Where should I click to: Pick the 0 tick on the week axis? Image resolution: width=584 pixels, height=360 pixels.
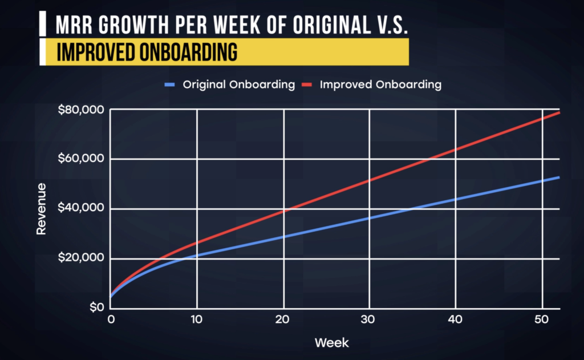click(x=111, y=318)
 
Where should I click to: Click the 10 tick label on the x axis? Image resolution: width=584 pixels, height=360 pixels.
click(x=197, y=318)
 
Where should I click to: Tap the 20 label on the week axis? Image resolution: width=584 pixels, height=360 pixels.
click(x=283, y=318)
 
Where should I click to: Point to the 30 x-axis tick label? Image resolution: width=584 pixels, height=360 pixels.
click(x=370, y=318)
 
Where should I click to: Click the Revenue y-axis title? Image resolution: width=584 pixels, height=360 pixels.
click(x=41, y=209)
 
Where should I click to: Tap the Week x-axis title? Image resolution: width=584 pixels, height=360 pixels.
click(x=331, y=343)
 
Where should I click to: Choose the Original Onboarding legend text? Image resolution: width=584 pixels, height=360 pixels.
click(x=238, y=84)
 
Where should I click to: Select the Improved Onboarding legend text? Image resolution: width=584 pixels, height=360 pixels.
click(x=380, y=84)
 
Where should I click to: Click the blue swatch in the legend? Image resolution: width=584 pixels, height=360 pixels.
click(x=169, y=84)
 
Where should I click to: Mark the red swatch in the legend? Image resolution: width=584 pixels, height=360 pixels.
click(x=306, y=84)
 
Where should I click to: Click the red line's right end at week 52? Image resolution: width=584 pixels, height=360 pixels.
click(x=559, y=112)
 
